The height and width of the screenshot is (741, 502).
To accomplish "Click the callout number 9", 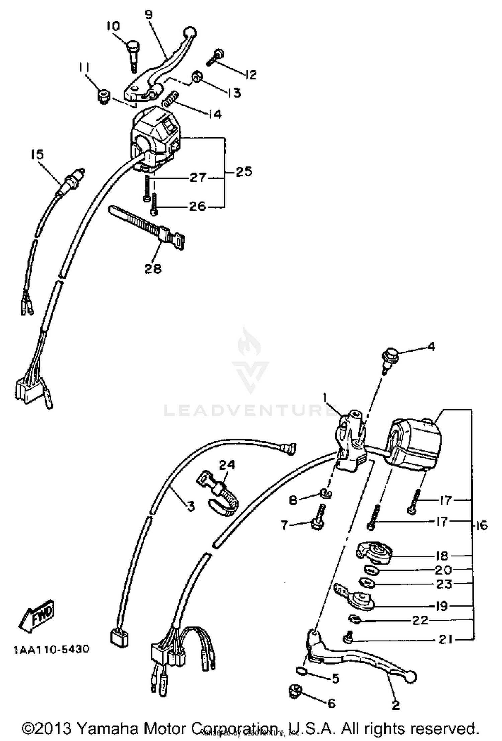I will (x=149, y=14).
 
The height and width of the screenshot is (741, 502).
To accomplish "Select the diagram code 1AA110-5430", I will (x=51, y=649).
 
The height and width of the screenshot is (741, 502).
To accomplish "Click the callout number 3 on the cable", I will (x=190, y=506).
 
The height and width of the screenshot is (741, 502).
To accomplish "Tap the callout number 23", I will (x=444, y=584).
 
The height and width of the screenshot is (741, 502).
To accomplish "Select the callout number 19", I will (x=442, y=606).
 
